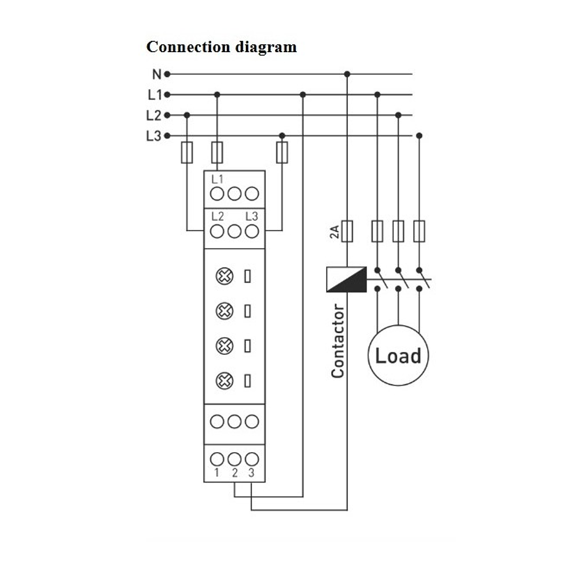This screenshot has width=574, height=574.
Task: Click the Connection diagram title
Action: pyautogui.click(x=221, y=47)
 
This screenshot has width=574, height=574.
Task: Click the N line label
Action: pyautogui.click(x=156, y=74)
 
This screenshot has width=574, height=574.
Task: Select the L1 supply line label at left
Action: pyautogui.click(x=154, y=95)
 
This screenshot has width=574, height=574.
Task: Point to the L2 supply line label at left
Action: pyautogui.click(x=153, y=115)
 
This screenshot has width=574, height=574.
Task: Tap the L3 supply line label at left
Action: pyautogui.click(x=153, y=136)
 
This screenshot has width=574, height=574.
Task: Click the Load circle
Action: pyautogui.click(x=398, y=355)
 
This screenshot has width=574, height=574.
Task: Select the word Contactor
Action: pyautogui.click(x=338, y=341)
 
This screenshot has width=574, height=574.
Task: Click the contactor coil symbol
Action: pyautogui.click(x=346, y=279)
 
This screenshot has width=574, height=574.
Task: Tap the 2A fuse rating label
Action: pyautogui.click(x=334, y=231)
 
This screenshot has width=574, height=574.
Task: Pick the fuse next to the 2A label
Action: pyautogui.click(x=347, y=231)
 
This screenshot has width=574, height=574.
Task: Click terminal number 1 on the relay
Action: pyautogui.click(x=217, y=471)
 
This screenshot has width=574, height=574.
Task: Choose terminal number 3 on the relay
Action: pyautogui.click(x=252, y=471)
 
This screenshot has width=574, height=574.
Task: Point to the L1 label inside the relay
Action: pyautogui.click(x=218, y=179)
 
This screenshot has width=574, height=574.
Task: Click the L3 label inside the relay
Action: pyautogui.click(x=252, y=217)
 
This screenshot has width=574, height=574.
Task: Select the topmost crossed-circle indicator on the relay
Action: pyautogui.click(x=225, y=276)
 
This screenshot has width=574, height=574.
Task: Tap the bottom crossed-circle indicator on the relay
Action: pyautogui.click(x=225, y=380)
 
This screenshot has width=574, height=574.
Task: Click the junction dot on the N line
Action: pyautogui.click(x=347, y=74)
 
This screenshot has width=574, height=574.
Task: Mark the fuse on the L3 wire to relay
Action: pyautogui.click(x=282, y=152)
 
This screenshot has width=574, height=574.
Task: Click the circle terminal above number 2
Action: pyautogui.click(x=234, y=459)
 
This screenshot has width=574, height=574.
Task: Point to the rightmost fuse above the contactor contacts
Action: pyautogui.click(x=419, y=231)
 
